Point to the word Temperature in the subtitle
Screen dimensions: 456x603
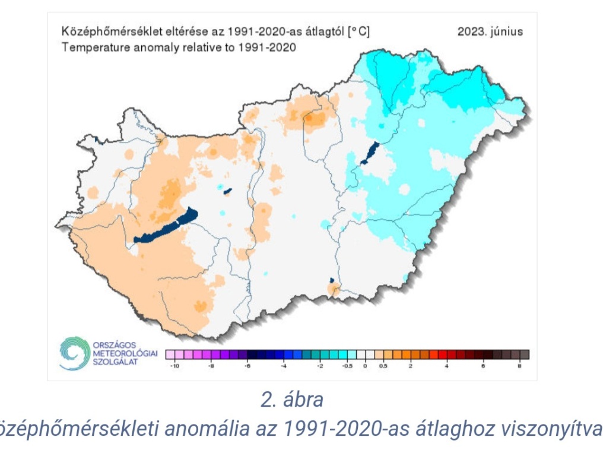pyautogui.click(x=88, y=47)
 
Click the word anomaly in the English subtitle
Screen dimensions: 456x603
pyautogui.click(x=141, y=47)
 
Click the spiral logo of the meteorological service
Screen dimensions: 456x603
pyautogui.click(x=74, y=354)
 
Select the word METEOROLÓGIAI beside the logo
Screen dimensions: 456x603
pyautogui.click(x=125, y=354)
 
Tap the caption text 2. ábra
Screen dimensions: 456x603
pyautogui.click(x=292, y=400)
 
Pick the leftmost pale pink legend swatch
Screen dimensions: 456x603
pyautogui.click(x=169, y=355)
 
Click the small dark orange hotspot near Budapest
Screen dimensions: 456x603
pyautogui.click(x=309, y=118)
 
